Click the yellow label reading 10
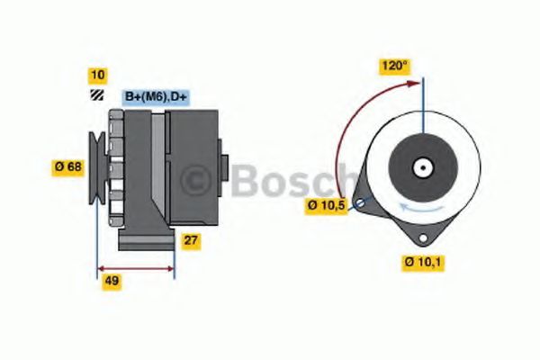(x=97, y=75)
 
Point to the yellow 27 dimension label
(x=192, y=240)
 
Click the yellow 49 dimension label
(x=112, y=281)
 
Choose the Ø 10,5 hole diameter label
(x=326, y=205)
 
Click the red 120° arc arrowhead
(x=415, y=83)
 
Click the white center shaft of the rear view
(x=421, y=166)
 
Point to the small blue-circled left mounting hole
(x=361, y=204)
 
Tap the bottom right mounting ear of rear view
(x=420, y=235)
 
